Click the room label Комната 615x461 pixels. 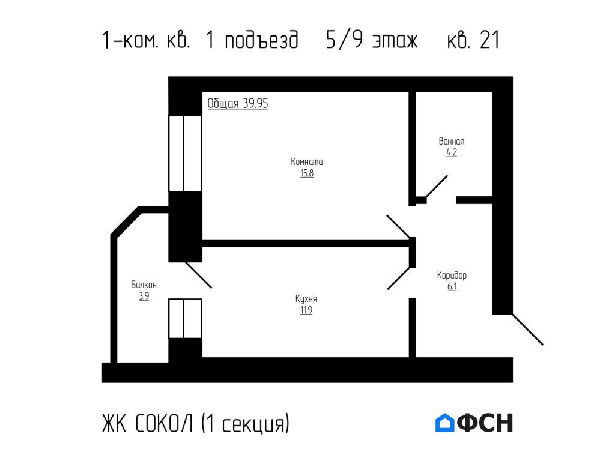point(307,162)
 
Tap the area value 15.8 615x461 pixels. point(307,174)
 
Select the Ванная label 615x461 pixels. point(452,142)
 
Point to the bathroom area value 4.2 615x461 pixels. point(452,153)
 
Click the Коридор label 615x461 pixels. point(452,276)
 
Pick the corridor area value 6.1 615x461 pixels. point(452,287)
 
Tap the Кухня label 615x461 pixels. point(306,299)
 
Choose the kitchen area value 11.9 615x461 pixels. point(306,310)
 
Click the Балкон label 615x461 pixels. point(144,285)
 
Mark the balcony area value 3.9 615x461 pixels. point(144,296)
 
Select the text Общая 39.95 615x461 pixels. point(238,104)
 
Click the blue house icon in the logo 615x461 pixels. point(444,423)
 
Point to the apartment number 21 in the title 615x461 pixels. point(489,41)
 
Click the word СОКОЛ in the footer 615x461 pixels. point(166,424)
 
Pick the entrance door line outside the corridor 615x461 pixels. point(527,330)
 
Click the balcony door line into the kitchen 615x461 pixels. point(198,276)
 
